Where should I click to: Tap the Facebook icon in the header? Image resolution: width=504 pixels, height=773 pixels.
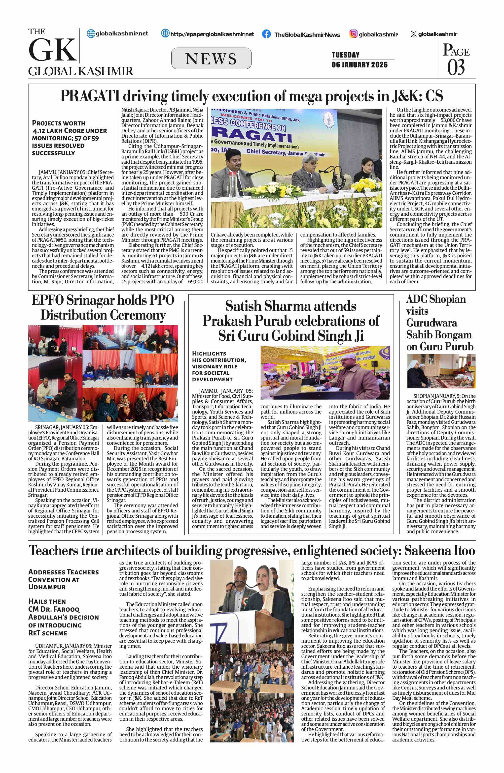[x=266, y=34]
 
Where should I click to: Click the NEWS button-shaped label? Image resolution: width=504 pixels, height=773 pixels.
[x=211, y=59]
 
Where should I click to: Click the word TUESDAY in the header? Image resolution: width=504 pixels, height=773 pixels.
[x=345, y=55]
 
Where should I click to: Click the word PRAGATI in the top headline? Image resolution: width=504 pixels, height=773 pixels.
[x=90, y=96]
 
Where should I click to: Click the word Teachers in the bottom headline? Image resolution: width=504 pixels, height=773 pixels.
[x=53, y=551]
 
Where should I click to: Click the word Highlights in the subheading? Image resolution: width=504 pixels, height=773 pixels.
[x=209, y=353]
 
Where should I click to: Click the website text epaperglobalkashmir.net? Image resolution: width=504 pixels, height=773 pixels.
[x=212, y=34]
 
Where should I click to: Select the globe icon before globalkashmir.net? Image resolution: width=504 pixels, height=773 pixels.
[x=91, y=33]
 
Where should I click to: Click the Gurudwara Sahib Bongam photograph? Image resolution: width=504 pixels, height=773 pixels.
[x=441, y=371]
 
